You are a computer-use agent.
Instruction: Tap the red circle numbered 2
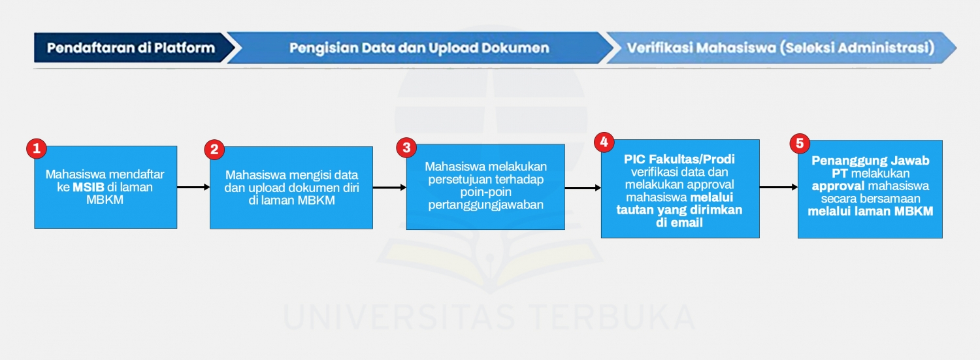214,150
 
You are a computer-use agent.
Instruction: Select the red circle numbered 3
406,148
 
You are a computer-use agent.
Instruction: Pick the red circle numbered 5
798,143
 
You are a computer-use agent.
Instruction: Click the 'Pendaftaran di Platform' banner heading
131,48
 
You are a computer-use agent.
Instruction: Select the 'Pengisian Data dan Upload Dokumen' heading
419,48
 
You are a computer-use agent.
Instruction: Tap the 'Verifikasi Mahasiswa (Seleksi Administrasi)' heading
780,48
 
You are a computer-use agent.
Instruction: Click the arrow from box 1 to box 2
193,188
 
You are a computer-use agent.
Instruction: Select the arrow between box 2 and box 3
389,188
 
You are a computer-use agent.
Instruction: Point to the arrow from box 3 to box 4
583,188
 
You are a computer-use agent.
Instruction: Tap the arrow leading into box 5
779,187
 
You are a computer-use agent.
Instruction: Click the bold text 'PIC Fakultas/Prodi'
679,160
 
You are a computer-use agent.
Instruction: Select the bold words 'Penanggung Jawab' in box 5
870,161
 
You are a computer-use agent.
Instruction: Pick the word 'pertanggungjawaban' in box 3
486,205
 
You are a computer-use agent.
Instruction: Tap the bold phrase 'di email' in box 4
679,223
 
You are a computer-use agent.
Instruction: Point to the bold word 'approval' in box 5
838,186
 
